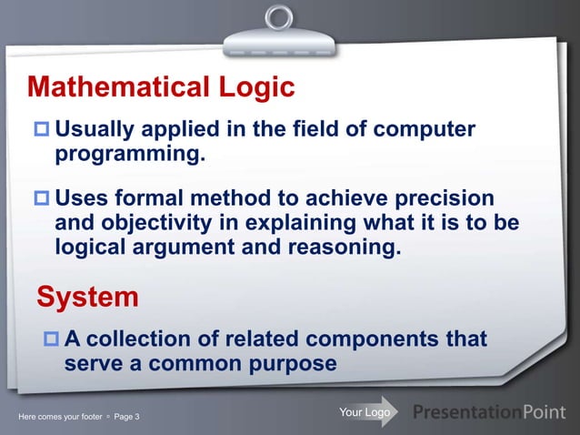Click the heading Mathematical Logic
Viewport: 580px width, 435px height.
click(161, 87)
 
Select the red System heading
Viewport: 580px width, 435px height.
click(87, 297)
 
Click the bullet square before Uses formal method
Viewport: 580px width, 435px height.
click(42, 199)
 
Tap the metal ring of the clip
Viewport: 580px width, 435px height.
click(279, 17)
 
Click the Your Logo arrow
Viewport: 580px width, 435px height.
click(366, 413)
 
